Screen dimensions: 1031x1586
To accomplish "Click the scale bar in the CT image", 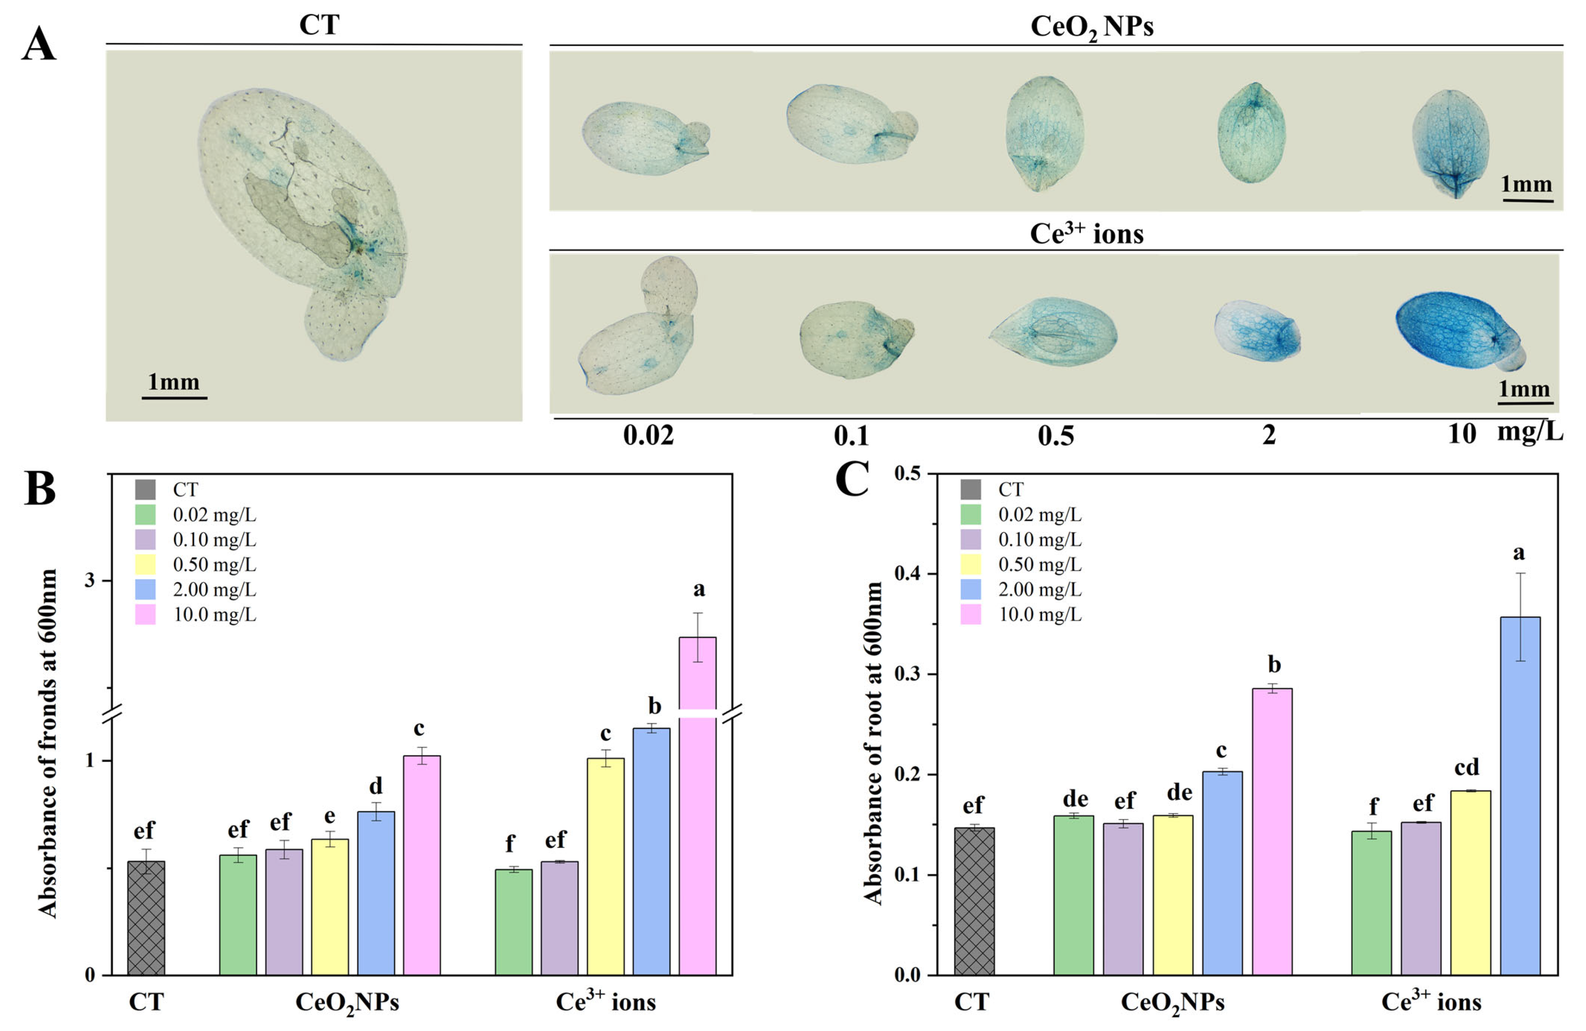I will pyautogui.click(x=174, y=397).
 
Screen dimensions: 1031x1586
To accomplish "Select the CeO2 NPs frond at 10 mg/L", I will pyautogui.click(x=1451, y=143).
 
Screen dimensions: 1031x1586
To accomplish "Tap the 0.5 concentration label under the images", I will pyautogui.click(x=1055, y=435).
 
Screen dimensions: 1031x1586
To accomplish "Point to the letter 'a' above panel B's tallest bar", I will pyautogui.click(x=699, y=589).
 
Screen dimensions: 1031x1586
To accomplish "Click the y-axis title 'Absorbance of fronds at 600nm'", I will pyautogui.click(x=48, y=743).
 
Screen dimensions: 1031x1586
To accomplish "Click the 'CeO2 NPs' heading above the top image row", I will pyautogui.click(x=1091, y=26).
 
